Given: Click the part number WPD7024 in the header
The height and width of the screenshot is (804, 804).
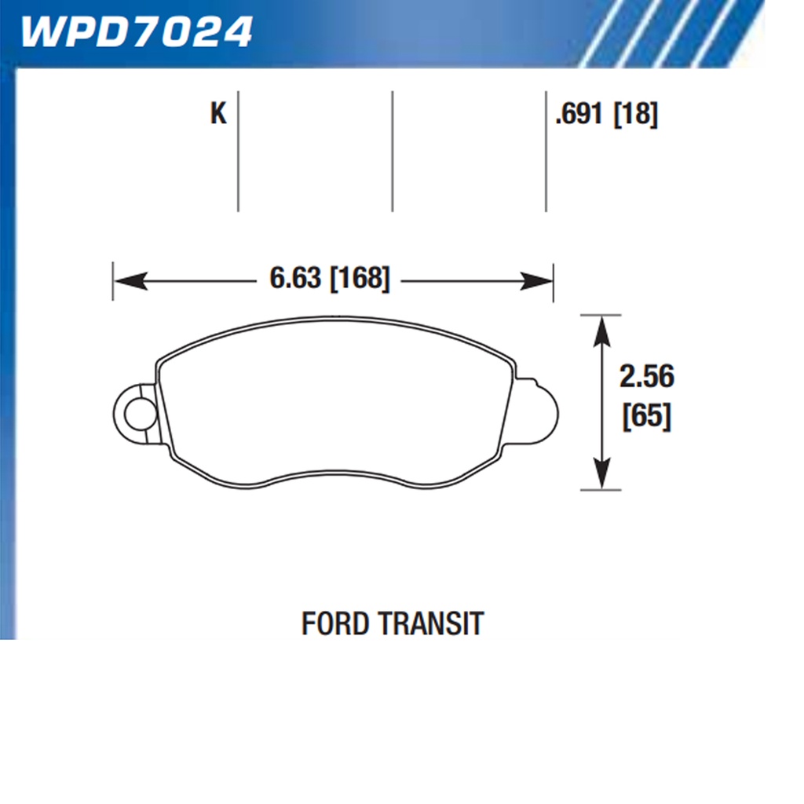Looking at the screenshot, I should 136,31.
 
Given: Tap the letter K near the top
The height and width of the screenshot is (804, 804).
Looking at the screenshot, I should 217,115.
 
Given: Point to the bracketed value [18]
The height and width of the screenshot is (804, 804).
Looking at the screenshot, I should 635,115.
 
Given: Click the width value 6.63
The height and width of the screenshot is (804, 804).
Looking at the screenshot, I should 295,279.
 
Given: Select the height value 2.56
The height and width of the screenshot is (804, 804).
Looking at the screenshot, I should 646,377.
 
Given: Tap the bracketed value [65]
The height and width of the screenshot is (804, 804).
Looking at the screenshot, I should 646,416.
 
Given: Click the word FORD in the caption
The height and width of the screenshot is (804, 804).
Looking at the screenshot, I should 335,623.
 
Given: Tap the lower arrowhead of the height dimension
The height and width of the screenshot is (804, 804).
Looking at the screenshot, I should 601,476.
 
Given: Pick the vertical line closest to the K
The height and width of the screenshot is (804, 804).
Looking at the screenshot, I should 238,151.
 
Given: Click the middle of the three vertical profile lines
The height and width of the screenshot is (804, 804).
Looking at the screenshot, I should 392,151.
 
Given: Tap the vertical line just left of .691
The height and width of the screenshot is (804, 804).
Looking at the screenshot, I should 546,151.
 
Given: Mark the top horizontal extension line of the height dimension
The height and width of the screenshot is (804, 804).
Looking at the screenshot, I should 601,315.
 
